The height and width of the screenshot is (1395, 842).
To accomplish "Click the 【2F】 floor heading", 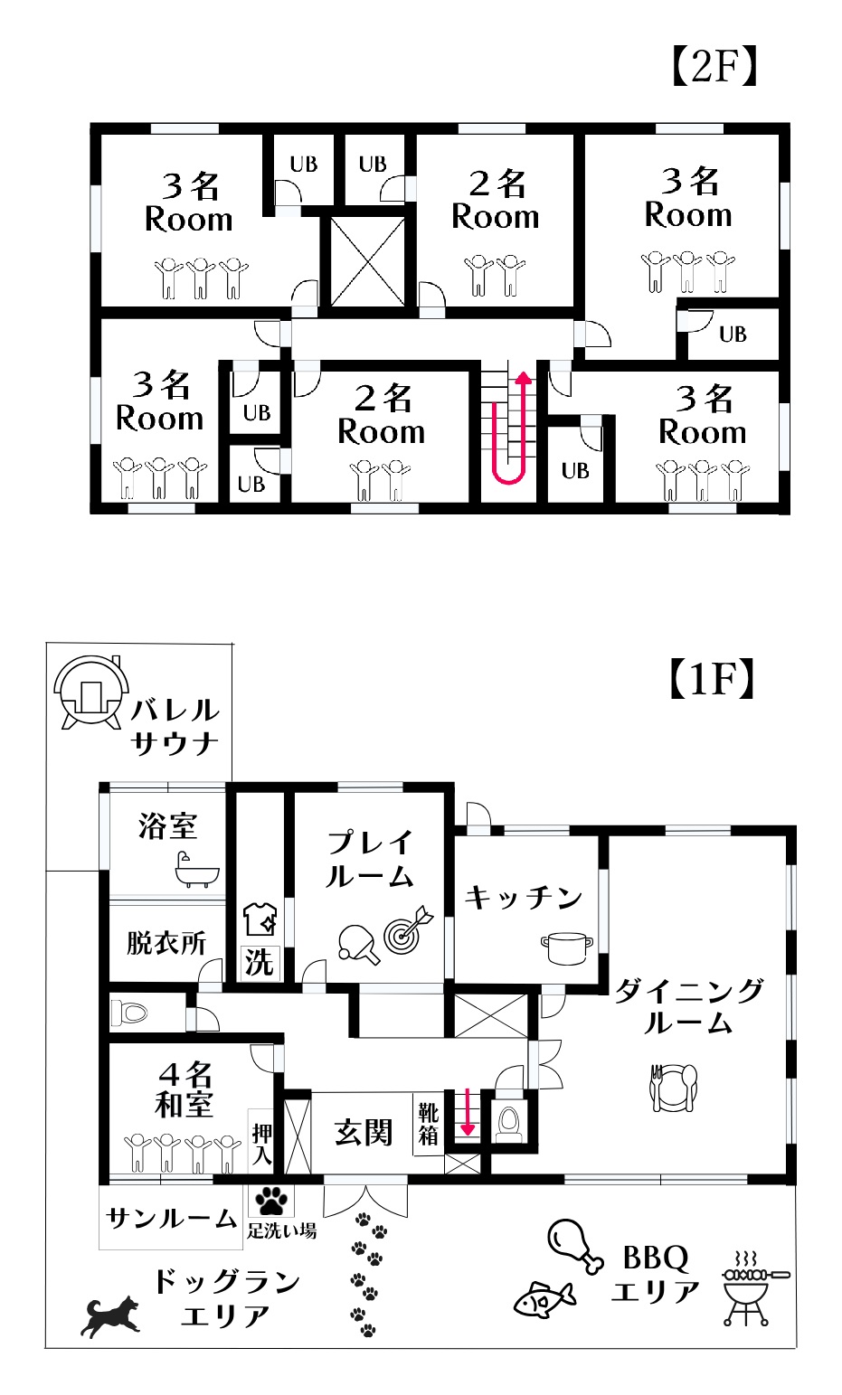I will (x=713, y=66).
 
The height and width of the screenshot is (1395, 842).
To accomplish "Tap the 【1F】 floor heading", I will (x=711, y=679).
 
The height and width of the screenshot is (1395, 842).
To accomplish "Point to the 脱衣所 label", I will (x=166, y=943).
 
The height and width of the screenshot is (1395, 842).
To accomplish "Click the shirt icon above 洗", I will (x=259, y=919).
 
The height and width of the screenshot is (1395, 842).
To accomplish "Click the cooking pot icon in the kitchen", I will (x=567, y=948).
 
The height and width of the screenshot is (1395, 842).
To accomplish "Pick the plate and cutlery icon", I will (x=674, y=1088).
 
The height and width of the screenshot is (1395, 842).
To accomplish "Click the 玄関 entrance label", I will (x=363, y=1132).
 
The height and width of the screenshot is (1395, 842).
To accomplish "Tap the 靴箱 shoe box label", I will (x=428, y=1124).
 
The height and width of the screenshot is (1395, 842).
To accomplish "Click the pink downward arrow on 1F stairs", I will (x=468, y=1112).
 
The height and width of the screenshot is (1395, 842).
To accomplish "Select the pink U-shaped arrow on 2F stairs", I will (x=509, y=429).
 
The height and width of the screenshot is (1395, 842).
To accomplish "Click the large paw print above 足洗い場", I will (x=271, y=1202).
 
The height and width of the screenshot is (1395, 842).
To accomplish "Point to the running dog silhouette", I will (x=112, y=1315).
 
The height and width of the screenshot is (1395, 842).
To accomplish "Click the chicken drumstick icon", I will (x=574, y=1245).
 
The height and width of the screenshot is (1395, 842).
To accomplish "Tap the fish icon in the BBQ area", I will (x=544, y=1299).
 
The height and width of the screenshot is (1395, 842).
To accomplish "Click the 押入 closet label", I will (x=261, y=1143).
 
